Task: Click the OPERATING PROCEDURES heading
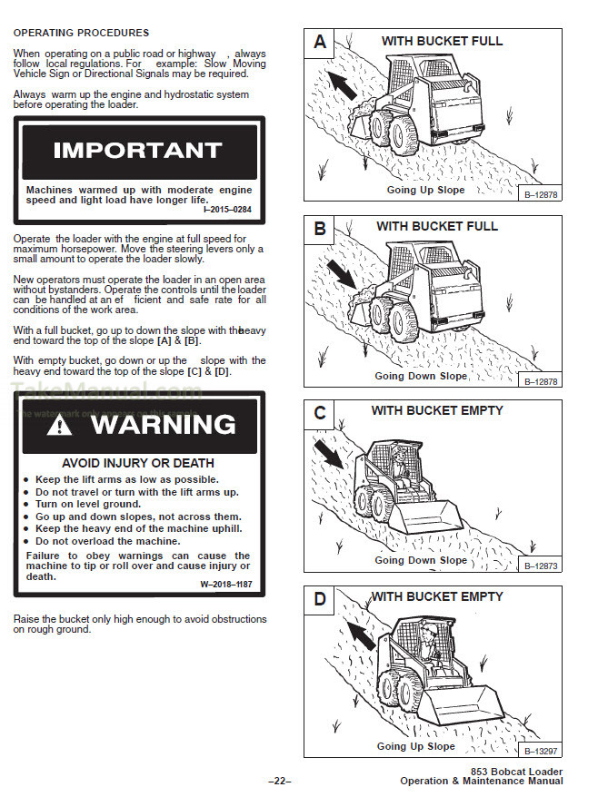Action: click(81, 33)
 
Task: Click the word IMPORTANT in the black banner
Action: click(137, 151)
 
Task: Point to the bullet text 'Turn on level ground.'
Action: click(88, 504)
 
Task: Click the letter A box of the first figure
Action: click(320, 42)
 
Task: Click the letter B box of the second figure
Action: click(320, 228)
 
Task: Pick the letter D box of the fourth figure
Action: click(320, 600)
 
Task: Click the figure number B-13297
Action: click(541, 751)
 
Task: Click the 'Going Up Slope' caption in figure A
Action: click(425, 191)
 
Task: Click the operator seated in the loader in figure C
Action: click(398, 463)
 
